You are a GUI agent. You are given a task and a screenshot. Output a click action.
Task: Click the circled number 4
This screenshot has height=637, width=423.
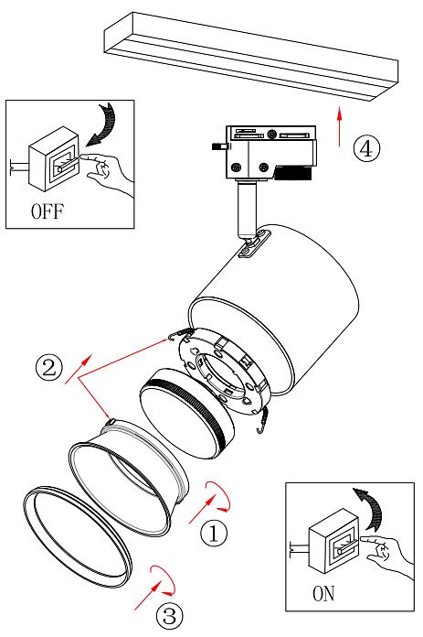point(366,149)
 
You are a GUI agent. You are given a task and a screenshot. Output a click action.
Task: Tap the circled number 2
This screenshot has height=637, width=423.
point(49,368)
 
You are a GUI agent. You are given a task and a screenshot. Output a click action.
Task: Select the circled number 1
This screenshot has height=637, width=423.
point(214,533)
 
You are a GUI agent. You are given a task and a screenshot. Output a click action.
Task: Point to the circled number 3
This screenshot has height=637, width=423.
point(170,615)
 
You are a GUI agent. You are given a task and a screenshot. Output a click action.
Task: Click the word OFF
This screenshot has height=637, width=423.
point(48,211)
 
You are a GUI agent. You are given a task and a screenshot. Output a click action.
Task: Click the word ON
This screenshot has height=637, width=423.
point(323,594)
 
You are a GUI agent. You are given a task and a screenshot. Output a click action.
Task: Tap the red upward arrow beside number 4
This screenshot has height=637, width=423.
point(340,126)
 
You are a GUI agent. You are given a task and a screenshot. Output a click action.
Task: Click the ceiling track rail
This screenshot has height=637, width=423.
point(251,57)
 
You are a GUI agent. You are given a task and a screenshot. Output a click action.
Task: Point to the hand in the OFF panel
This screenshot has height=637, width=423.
point(109,171)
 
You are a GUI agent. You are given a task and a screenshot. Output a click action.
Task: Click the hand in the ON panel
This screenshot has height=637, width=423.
point(388,554)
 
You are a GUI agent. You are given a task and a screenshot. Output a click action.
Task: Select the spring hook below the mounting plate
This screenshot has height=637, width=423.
point(263,421)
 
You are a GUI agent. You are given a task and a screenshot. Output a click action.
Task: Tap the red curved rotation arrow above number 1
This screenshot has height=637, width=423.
point(219,496)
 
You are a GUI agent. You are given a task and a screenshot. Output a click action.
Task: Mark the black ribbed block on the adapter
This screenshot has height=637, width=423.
point(293,173)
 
